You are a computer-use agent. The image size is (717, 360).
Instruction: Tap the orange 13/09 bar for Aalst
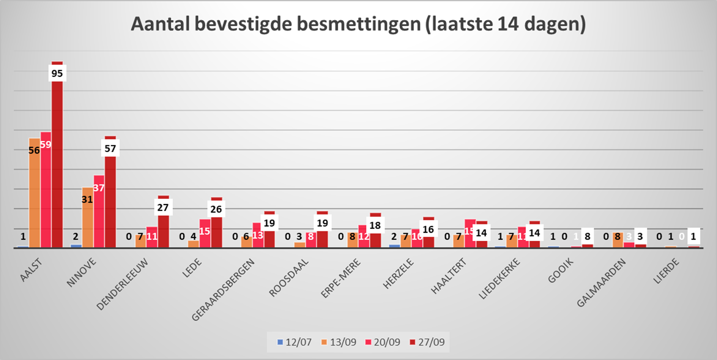pos(34,200)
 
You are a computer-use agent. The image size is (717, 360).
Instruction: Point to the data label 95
pos(57,73)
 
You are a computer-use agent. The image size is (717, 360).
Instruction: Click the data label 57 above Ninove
pos(110,148)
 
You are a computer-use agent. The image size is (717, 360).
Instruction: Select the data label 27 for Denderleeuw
pos(163,207)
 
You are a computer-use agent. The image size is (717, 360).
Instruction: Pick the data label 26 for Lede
pos(217,209)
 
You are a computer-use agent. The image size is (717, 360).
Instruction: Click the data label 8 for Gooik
pos(588,236)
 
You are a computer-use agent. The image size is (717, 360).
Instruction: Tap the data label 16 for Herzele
pos(428,229)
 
